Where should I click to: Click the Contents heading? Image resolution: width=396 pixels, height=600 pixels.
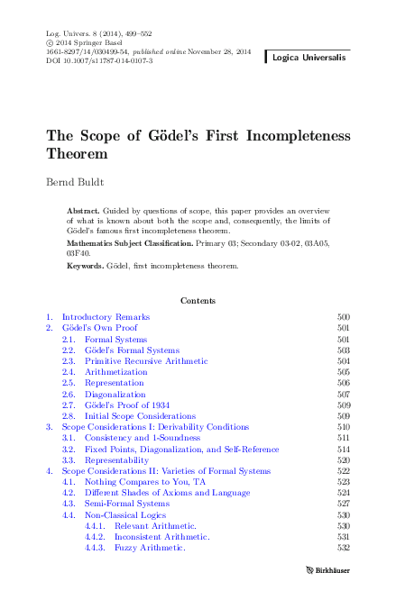pyautogui.click(x=198, y=300)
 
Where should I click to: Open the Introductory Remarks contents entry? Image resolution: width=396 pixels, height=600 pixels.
pyautogui.click(x=106, y=317)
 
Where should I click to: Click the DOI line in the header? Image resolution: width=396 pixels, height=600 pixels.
pyautogui.click(x=99, y=60)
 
